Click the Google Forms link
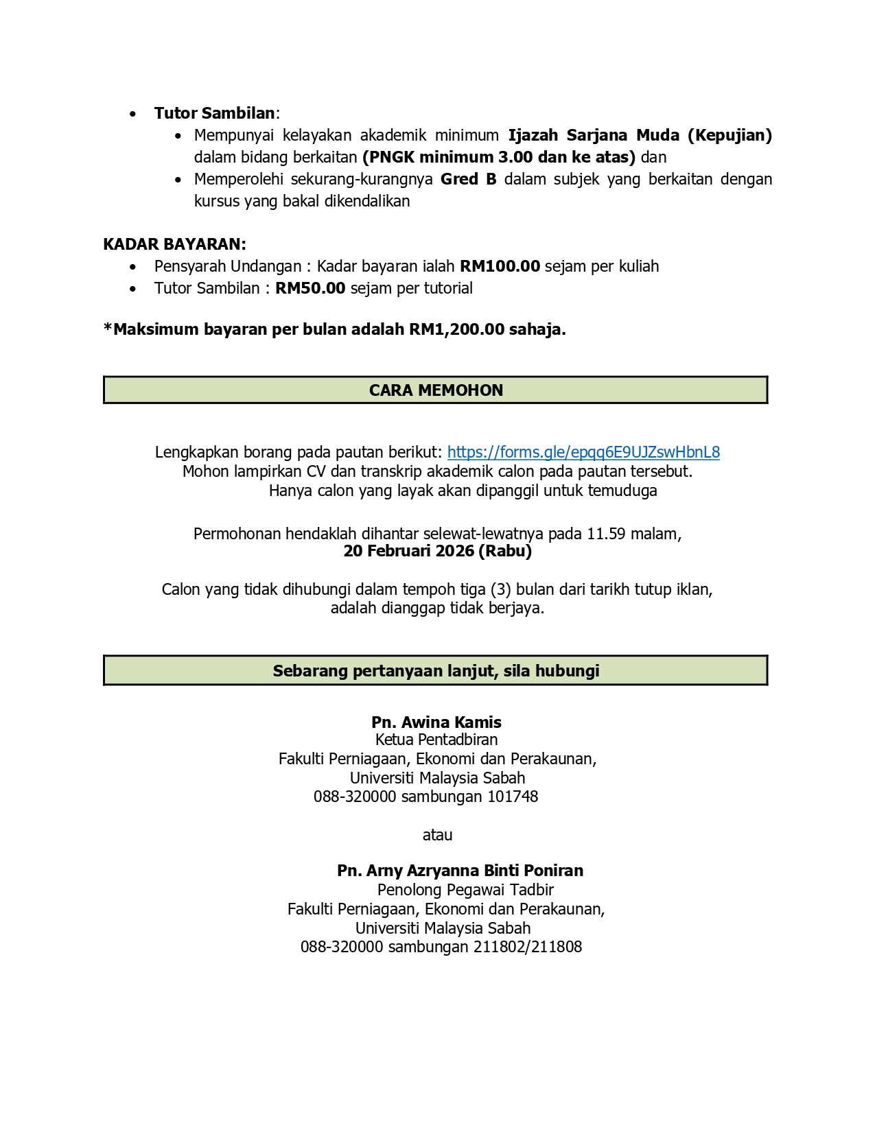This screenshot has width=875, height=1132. (x=583, y=452)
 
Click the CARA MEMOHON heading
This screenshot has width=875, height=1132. (x=436, y=390)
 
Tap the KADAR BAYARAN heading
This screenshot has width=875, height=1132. (x=174, y=244)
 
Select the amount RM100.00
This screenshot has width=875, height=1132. (x=500, y=266)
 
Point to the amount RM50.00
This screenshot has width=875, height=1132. (x=310, y=288)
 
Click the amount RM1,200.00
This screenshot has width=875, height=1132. (x=457, y=329)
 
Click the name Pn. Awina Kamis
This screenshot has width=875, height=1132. (x=436, y=722)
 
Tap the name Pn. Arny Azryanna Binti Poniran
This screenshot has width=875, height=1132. (x=460, y=871)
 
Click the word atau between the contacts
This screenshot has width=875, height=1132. (x=437, y=835)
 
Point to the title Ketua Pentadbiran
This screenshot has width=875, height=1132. (x=436, y=740)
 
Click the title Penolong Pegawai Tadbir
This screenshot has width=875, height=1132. (x=465, y=890)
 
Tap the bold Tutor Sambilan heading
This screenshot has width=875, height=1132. (x=214, y=113)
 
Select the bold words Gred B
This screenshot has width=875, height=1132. (x=468, y=179)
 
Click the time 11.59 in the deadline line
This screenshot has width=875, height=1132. (x=606, y=534)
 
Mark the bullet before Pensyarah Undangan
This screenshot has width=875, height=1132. (x=133, y=267)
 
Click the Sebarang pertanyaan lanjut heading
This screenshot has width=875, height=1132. (x=436, y=671)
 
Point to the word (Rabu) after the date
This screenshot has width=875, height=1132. (x=505, y=551)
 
